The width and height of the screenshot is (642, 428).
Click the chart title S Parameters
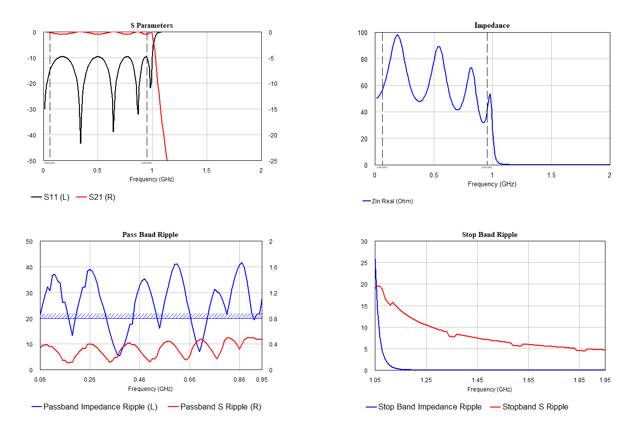151,25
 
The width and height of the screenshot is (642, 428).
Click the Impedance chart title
491,25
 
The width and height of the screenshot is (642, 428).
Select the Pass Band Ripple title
150,234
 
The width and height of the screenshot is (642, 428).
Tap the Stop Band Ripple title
489,234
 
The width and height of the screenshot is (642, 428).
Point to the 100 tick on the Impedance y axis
362,33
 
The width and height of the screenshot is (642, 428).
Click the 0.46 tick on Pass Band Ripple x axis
139,379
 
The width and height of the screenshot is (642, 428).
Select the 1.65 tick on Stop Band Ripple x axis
528,380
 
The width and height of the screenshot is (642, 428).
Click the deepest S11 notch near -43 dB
80,142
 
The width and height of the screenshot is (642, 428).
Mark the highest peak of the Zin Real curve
397,35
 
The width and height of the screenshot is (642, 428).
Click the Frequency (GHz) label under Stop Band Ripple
489,389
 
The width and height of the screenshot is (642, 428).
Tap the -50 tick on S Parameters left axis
32,161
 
